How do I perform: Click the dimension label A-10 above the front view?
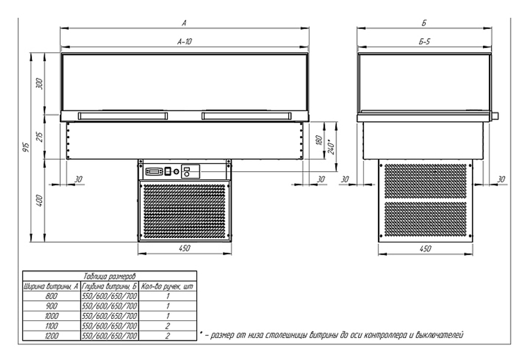click(185, 41)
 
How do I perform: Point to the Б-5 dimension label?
click(424, 41)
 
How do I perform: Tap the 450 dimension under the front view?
click(185, 248)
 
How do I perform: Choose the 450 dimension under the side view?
click(424, 248)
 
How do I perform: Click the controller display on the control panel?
click(154, 171)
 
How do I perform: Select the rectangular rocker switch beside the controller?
click(167, 171)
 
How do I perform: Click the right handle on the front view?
click(246, 115)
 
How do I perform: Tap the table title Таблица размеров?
click(110, 276)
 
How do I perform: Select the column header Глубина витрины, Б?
click(110, 286)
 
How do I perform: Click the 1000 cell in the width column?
click(51, 315)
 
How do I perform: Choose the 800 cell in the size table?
click(51, 296)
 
